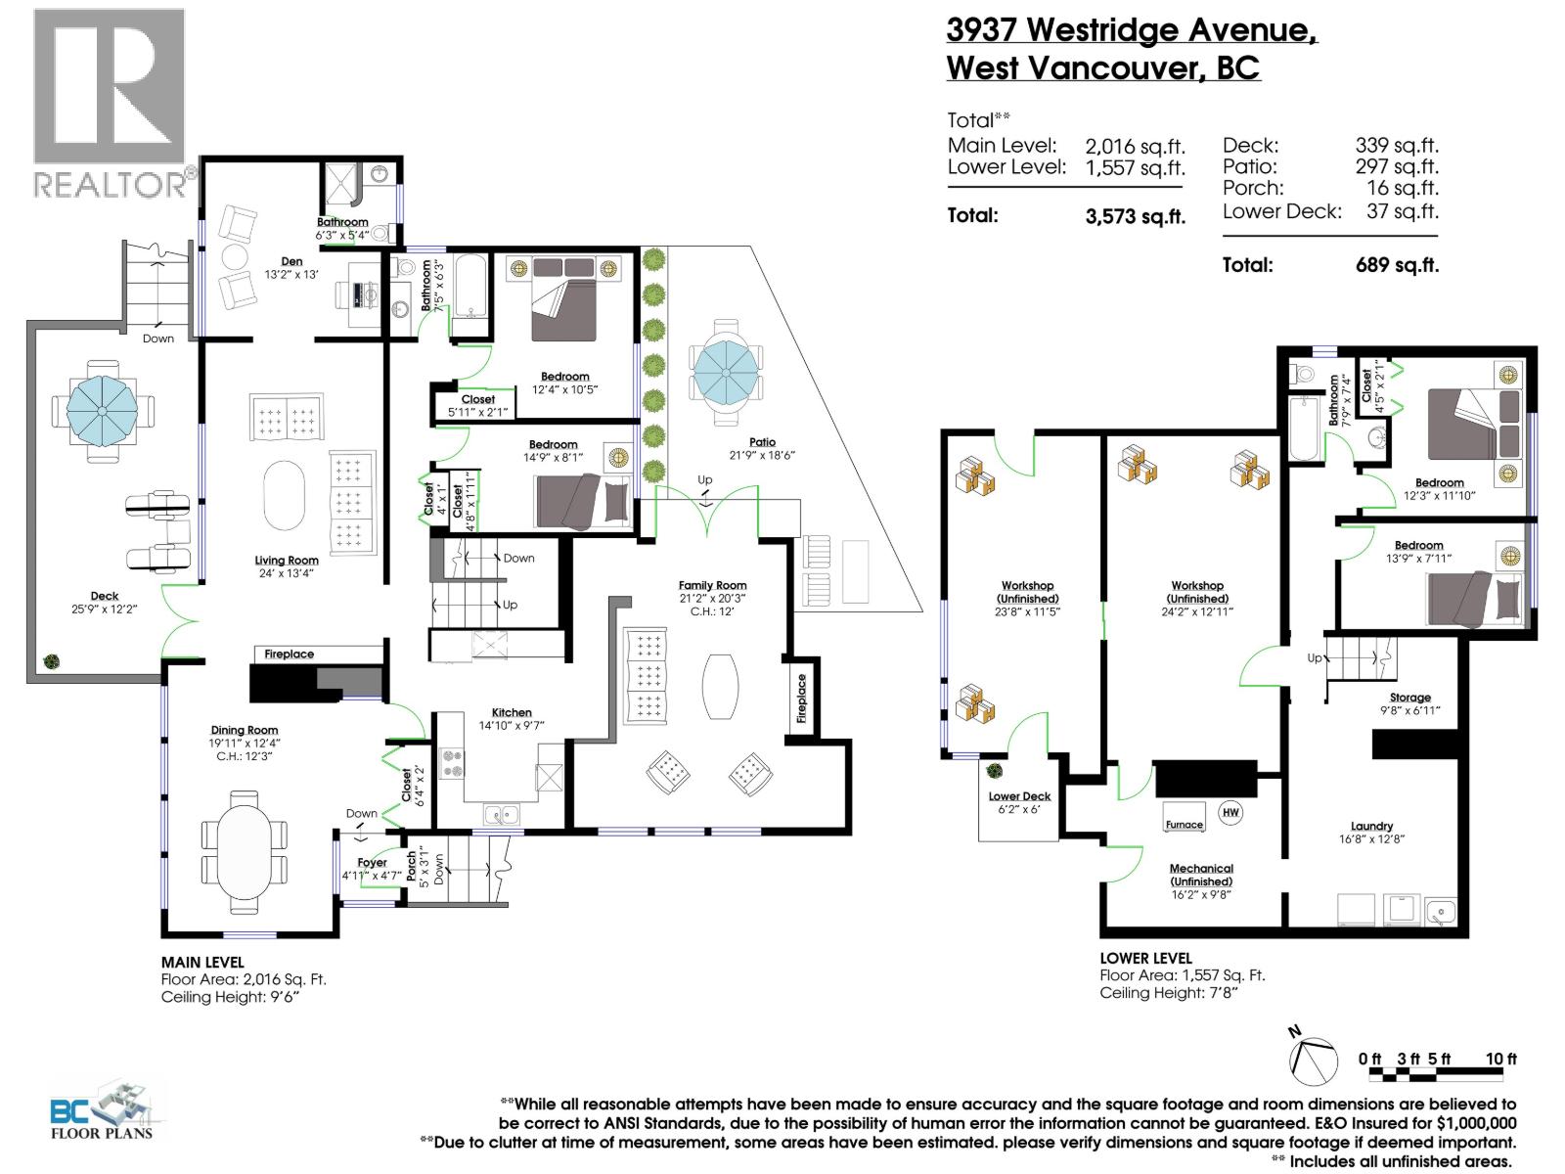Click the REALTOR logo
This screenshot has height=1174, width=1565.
(109, 102)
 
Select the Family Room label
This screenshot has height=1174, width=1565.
(712, 585)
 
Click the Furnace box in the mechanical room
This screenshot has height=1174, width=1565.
(1184, 824)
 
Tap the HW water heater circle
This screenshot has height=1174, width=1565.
(1230, 812)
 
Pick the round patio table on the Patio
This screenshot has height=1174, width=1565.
(725, 374)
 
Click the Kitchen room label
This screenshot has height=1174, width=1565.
(512, 712)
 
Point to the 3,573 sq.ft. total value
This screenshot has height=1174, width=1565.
(1135, 216)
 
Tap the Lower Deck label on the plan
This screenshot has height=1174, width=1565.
(1019, 796)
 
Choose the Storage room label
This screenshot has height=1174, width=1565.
(1409, 698)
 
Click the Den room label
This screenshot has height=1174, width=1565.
(291, 261)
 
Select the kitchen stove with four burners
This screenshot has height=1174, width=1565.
(452, 763)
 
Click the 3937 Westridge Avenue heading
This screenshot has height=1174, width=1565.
(1132, 29)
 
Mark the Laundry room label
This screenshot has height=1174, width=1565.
(1371, 826)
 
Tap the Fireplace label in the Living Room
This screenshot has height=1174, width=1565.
(289, 654)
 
